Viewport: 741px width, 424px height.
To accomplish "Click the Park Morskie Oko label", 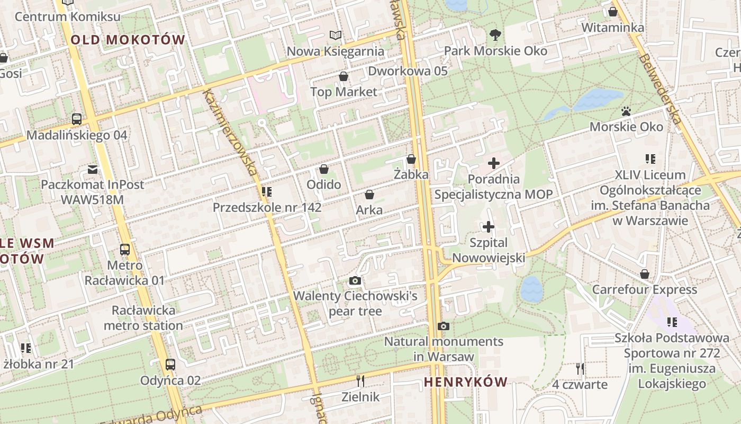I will [495, 51].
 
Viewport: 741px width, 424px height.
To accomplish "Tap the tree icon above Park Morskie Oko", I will [495, 36].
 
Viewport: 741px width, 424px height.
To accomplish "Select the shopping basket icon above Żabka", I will [411, 159].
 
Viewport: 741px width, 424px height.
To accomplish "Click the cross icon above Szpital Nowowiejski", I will [489, 227].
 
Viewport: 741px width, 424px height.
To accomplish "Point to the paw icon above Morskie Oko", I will [627, 111].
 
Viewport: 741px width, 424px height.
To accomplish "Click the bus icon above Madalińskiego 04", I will [77, 119].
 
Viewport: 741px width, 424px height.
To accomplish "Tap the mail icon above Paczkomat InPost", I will [93, 170].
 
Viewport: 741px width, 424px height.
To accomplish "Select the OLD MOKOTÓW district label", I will [128, 40].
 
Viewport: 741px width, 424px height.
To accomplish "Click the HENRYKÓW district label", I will [465, 382].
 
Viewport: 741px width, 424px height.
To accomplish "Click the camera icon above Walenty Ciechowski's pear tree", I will [355, 281].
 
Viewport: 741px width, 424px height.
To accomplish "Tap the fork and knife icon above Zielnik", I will [360, 381].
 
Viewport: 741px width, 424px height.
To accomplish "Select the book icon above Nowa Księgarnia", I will [336, 36].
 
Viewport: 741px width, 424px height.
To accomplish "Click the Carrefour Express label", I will [644, 290].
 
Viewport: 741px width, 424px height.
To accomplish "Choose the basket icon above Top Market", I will [344, 77].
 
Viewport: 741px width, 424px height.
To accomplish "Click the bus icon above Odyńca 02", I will [170, 365].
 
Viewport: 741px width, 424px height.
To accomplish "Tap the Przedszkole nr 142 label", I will [267, 208].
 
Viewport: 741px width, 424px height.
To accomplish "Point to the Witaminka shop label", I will [612, 28].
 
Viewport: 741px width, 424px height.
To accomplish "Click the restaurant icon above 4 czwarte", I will [580, 368].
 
